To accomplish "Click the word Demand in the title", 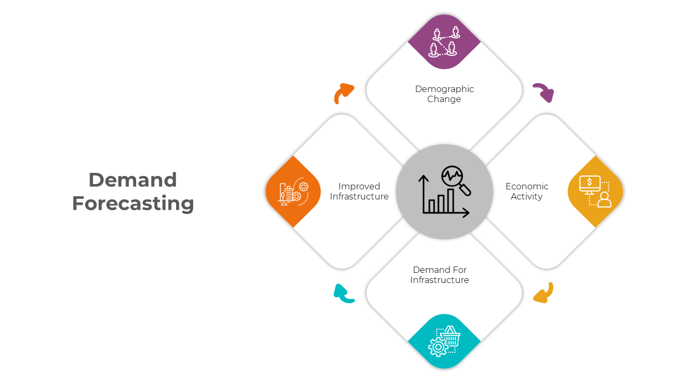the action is [x=133, y=180].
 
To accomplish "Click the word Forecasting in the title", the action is [x=133, y=204].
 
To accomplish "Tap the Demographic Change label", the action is [x=444, y=94].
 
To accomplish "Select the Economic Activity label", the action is [x=527, y=191].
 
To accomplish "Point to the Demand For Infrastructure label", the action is [x=439, y=275].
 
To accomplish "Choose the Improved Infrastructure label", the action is [x=359, y=191].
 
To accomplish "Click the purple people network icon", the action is [x=444, y=41].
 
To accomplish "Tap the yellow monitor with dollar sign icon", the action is [x=595, y=191].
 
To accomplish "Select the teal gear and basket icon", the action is [x=444, y=341].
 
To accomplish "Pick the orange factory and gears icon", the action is [x=293, y=191].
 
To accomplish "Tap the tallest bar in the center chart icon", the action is [x=450, y=201].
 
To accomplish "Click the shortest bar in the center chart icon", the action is [x=431, y=206].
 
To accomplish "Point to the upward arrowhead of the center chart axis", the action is [x=423, y=178].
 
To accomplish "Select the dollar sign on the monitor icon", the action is [x=589, y=182].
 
